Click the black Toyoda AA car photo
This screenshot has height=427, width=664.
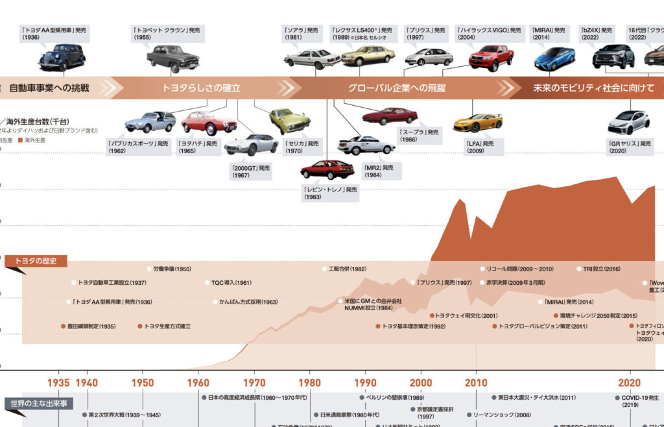pyautogui.click(x=62, y=57)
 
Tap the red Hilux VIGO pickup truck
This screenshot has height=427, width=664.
pyautogui.click(x=491, y=57)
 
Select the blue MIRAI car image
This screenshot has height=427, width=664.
pyautogui.click(x=554, y=58)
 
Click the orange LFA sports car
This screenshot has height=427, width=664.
pyautogui.click(x=478, y=123)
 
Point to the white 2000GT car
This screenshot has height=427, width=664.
pyautogui.click(x=251, y=144)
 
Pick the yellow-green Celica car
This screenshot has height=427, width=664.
pyautogui.click(x=289, y=120)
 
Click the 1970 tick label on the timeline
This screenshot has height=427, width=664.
pyautogui.click(x=255, y=383)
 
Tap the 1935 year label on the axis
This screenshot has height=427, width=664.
pyautogui.click(x=58, y=383)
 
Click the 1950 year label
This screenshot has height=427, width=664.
pyautogui.click(x=143, y=383)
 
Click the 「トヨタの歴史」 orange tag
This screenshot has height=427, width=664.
pyautogui.click(x=35, y=262)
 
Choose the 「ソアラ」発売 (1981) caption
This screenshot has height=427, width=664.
pyautogui.click(x=301, y=33)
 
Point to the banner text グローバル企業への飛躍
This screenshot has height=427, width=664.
pyautogui.click(x=397, y=88)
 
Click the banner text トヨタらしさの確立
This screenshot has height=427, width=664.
pyautogui.click(x=201, y=88)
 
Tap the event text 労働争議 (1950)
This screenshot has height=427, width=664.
pyautogui.click(x=171, y=269)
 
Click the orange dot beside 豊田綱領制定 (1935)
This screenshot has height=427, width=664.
pyautogui.click(x=63, y=326)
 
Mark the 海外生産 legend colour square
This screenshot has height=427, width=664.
pyautogui.click(x=21, y=140)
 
